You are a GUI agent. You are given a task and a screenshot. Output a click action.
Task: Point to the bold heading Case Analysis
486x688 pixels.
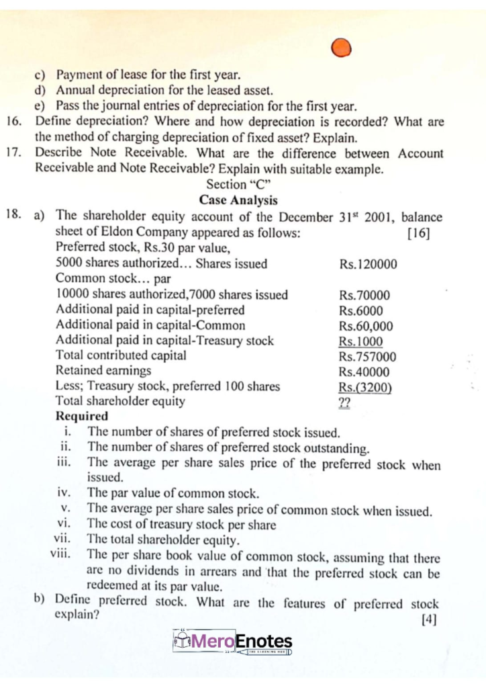[238, 200]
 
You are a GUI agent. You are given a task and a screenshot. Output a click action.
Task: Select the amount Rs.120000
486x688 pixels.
[368, 264]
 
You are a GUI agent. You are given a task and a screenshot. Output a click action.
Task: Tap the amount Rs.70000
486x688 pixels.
[364, 295]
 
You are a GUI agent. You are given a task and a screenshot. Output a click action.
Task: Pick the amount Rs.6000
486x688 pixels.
[361, 310]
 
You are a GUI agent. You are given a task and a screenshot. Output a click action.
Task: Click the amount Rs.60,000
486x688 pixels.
[366, 326]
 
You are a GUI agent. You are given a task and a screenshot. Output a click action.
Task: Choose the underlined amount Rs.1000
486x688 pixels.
[361, 341]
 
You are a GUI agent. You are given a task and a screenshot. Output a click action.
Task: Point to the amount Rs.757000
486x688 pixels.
[367, 357]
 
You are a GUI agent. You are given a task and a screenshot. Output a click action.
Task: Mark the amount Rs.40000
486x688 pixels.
[364, 372]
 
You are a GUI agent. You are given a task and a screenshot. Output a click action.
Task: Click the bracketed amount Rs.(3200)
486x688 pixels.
[365, 388]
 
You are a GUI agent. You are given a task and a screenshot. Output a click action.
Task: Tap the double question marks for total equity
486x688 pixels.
[344, 403]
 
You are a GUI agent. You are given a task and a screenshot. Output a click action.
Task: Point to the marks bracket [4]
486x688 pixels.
[428, 619]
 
